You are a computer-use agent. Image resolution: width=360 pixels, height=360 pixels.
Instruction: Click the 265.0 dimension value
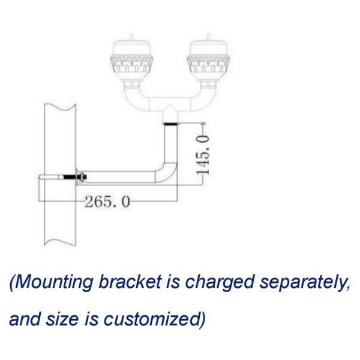pyautogui.click(x=107, y=202)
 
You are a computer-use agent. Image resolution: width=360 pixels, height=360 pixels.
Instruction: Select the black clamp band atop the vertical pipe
pyautogui.click(x=170, y=124)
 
